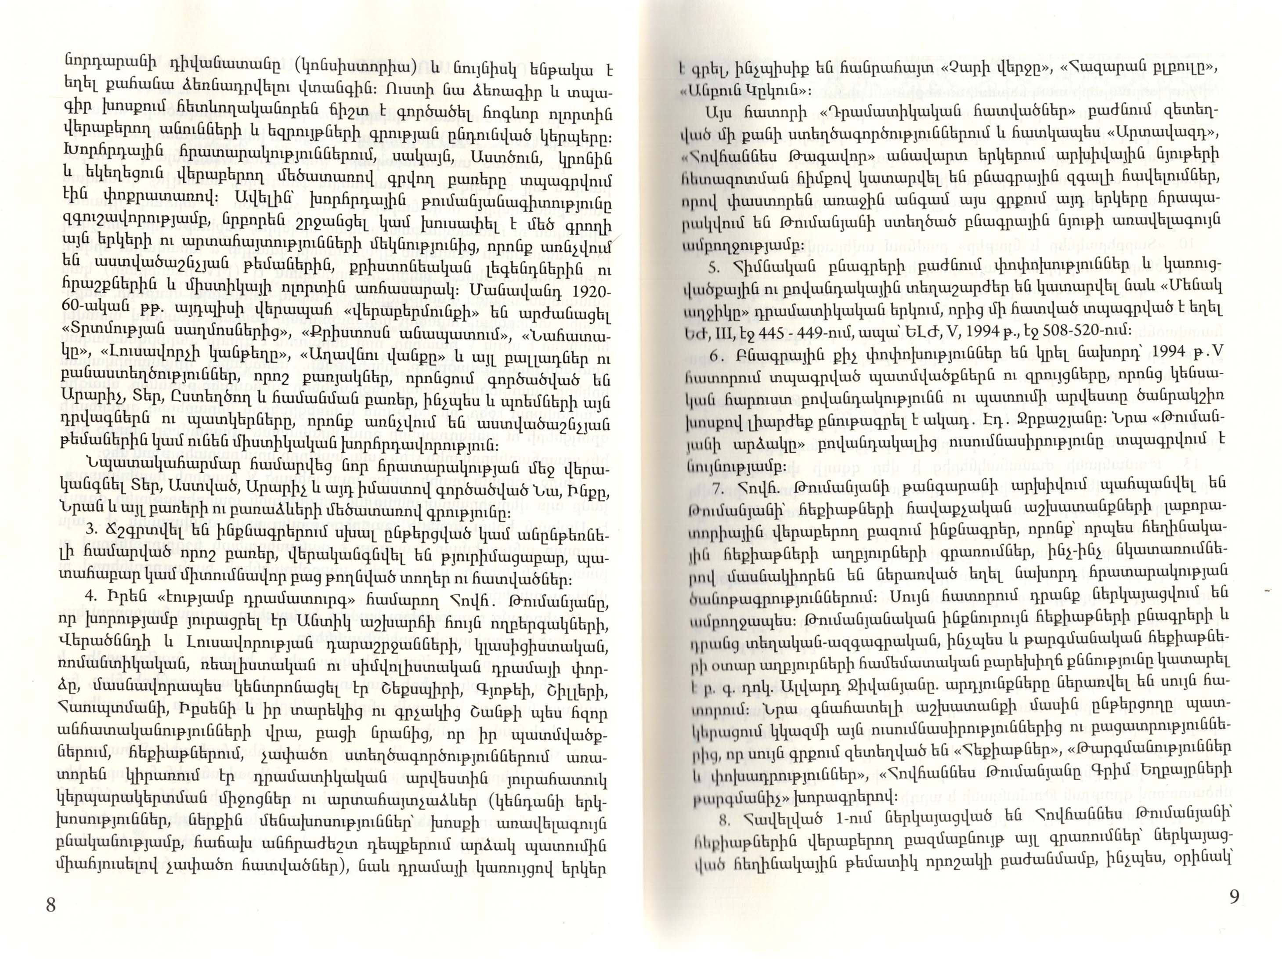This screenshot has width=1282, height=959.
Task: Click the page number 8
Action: tap(51, 905)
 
